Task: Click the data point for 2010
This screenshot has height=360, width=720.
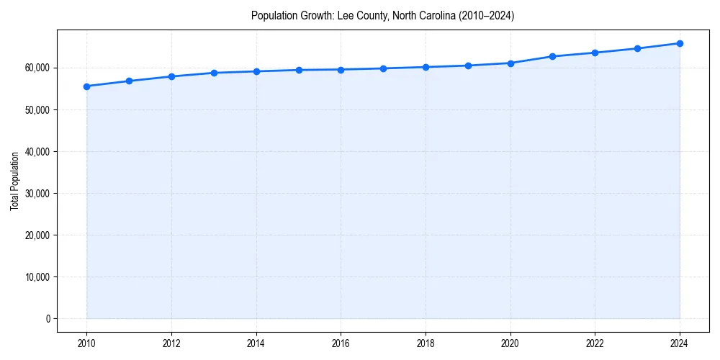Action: [x=86, y=86]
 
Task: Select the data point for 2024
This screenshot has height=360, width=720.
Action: [x=680, y=43]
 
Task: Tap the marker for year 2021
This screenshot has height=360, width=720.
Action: [x=552, y=56]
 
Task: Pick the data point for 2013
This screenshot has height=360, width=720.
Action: [x=214, y=73]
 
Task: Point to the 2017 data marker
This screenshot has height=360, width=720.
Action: [x=383, y=68]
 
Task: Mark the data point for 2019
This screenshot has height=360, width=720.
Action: [x=468, y=66]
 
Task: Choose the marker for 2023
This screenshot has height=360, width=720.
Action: [x=637, y=48]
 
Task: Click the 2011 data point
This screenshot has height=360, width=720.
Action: [x=129, y=81]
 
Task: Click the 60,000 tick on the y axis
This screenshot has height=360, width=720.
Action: [x=36, y=68]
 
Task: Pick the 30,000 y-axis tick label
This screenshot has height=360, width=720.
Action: [x=36, y=193]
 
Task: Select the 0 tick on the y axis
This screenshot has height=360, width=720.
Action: [x=47, y=318]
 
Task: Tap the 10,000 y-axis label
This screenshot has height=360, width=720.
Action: [x=36, y=276]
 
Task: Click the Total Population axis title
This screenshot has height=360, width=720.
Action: [x=14, y=181]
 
